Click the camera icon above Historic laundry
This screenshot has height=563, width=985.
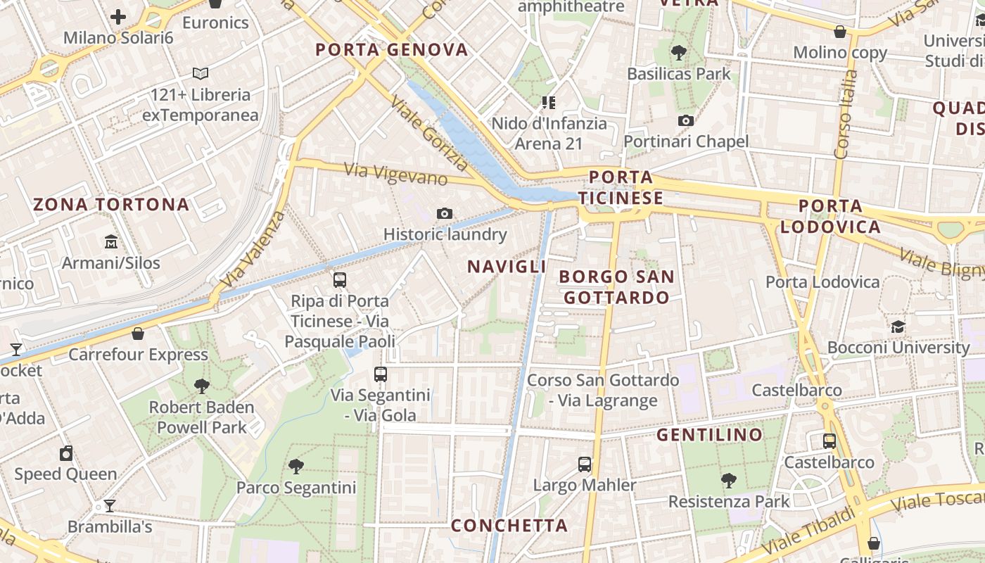coord(445,213)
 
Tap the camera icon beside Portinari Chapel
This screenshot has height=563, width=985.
coord(686,120)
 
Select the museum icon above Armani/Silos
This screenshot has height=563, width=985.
coord(111,242)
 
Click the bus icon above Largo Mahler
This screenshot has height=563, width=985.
coord(585,464)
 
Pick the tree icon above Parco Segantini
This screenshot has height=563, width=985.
coord(296,466)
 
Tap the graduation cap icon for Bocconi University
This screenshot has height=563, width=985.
coord(898,327)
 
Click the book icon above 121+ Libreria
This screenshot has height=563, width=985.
coord(201,73)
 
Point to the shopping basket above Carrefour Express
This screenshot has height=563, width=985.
coord(138,333)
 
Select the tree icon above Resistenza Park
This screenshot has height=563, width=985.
coord(729,480)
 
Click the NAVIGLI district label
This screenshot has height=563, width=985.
coord(507,267)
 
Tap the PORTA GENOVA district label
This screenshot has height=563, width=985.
coord(391,50)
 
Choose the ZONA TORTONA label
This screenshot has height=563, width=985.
coord(111,205)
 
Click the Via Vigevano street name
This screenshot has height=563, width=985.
coord(395,174)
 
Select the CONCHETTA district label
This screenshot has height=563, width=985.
coord(509,526)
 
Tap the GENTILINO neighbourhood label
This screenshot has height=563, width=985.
coord(709,435)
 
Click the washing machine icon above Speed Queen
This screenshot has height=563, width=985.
coord(66,453)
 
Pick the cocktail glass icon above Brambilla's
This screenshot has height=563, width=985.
coord(110,505)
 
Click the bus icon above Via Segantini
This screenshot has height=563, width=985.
coord(381,374)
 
